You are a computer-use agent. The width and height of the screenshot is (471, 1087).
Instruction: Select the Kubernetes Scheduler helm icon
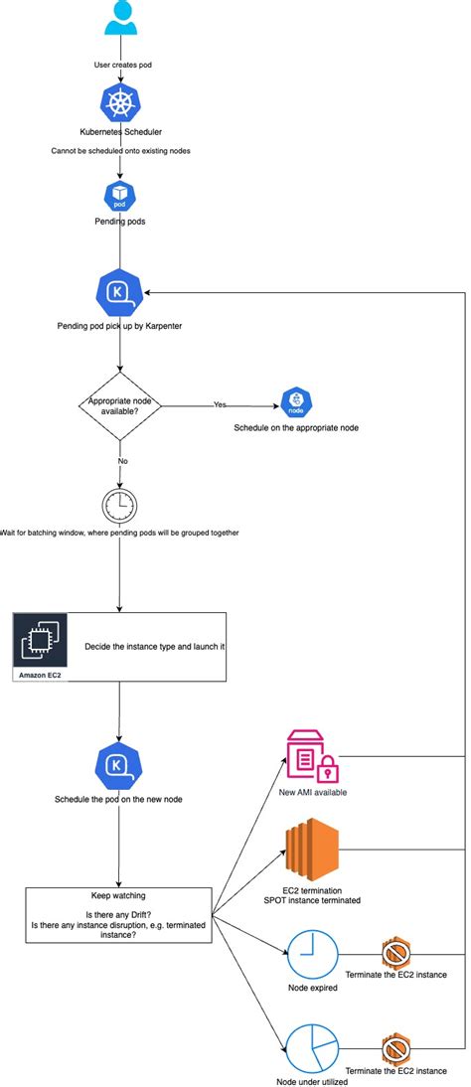(120, 104)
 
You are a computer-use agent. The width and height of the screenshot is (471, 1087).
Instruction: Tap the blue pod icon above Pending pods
(120, 195)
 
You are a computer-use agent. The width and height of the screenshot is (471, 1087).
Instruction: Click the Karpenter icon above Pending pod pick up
(120, 292)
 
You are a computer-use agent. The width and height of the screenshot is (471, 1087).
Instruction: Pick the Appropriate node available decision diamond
(120, 405)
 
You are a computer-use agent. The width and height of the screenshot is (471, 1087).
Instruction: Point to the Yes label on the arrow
(220, 404)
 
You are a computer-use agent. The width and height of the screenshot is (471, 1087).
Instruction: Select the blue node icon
(296, 402)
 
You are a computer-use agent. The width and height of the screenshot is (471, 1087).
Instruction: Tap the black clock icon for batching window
(119, 506)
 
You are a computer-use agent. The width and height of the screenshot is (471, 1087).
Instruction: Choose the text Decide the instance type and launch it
(155, 645)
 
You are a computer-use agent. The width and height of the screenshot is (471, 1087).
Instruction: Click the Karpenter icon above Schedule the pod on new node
(120, 765)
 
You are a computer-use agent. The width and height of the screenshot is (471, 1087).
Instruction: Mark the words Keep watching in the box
(119, 894)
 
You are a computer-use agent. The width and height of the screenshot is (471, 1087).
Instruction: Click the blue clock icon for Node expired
(313, 953)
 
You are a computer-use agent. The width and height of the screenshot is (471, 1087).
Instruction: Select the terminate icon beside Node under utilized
(397, 1048)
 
